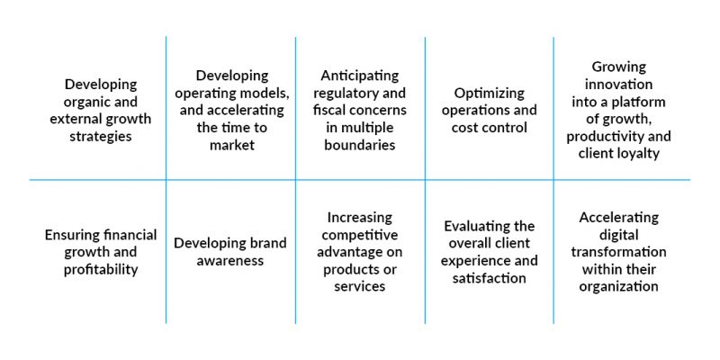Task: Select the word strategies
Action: (101, 137)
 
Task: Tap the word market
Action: (231, 145)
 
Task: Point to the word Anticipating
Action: (360, 76)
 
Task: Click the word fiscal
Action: (328, 110)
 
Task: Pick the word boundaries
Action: (360, 145)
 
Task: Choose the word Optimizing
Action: (489, 94)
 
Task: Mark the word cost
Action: (465, 128)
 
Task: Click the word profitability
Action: (101, 270)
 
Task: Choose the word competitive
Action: (360, 235)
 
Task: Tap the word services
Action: (360, 286)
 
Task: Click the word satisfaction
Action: (489, 278)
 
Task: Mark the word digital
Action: (618, 236)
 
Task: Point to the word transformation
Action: (618, 252)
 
